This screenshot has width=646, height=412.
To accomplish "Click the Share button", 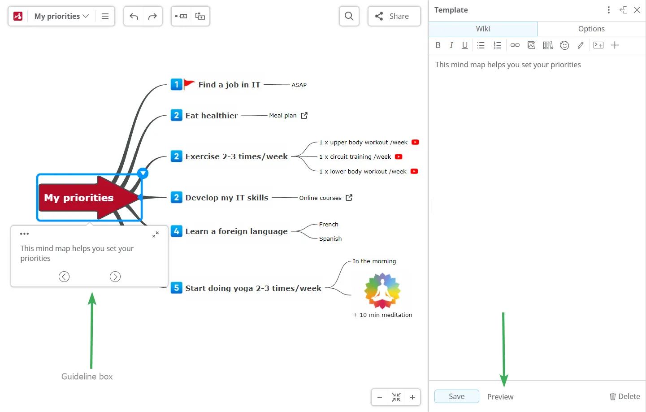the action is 394,16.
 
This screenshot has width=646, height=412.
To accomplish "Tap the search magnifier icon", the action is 349,16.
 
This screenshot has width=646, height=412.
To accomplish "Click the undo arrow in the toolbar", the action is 134,16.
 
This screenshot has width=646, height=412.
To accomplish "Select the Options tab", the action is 591,29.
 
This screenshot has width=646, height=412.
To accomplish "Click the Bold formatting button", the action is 438,45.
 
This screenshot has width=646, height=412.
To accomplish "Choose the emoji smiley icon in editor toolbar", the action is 564,45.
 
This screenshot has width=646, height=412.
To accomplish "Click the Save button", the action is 456,396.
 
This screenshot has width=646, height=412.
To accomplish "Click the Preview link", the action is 500,397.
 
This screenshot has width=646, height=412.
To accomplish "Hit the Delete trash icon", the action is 612,396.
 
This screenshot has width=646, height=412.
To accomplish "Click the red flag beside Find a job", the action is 189,84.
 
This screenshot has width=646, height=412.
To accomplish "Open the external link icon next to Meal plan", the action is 304,116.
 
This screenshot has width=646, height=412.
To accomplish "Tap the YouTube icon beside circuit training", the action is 399,156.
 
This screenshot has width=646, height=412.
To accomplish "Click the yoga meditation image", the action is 382,291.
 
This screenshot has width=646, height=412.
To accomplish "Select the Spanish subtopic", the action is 330,239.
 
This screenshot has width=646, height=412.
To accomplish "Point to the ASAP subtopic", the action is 299,85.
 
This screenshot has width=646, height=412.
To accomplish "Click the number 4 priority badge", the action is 177,231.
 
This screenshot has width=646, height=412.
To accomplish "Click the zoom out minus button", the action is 380,397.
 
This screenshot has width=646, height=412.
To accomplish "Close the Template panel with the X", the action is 637,10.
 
